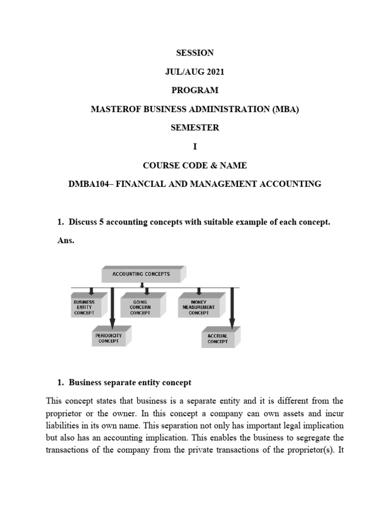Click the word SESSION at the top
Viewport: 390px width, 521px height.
pos(194,53)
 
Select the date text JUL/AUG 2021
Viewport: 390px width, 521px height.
pos(194,72)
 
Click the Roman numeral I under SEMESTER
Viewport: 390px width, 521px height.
pos(194,147)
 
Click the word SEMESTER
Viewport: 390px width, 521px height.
pos(194,128)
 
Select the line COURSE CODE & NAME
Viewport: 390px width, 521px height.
pos(194,165)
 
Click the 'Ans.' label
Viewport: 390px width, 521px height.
pos(66,241)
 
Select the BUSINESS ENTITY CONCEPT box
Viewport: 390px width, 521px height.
pos(84,308)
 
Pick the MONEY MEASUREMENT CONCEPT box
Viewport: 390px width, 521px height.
pos(198,308)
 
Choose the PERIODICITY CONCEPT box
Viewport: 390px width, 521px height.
pos(108,338)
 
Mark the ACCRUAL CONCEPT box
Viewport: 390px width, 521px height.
pos(217,339)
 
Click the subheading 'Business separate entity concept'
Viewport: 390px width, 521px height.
pos(130,382)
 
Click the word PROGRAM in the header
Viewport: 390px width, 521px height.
pos(194,91)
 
